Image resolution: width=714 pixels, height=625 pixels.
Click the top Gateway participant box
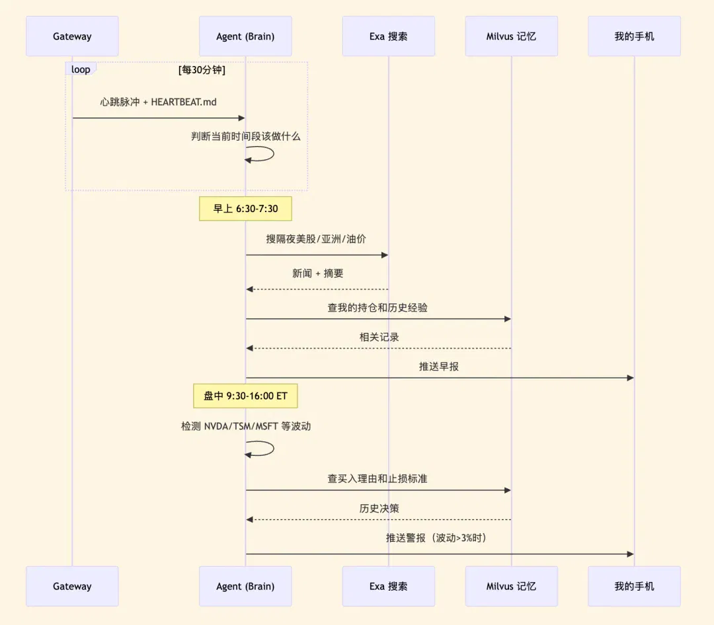click(x=72, y=36)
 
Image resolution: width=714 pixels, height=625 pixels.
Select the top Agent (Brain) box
click(x=245, y=36)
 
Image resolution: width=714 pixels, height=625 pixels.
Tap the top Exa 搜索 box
click(x=389, y=36)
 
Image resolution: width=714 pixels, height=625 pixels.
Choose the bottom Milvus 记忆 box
click(x=511, y=586)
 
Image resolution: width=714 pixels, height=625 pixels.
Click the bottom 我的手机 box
click(x=634, y=586)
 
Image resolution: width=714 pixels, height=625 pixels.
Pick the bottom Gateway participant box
click(x=72, y=586)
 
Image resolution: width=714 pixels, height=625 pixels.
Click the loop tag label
click(x=81, y=69)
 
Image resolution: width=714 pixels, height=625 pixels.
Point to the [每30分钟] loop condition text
click(x=202, y=69)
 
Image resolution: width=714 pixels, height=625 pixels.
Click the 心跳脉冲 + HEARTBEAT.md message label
click(x=159, y=102)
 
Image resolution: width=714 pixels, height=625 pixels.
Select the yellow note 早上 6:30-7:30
click(x=245, y=209)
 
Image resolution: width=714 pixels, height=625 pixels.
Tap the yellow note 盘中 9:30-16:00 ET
click(x=245, y=396)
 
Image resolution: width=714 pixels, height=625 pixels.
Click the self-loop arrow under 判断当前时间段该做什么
click(x=273, y=154)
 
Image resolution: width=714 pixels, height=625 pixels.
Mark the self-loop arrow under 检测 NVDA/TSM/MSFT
click(x=273, y=449)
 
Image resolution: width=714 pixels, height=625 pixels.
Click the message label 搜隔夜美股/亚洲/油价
click(x=316, y=239)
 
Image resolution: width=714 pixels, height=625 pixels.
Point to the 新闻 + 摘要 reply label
click(x=318, y=273)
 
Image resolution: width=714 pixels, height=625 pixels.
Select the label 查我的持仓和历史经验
click(x=377, y=308)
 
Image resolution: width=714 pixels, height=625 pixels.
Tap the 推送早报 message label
click(x=439, y=367)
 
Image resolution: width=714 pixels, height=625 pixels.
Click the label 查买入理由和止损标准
click(x=377, y=479)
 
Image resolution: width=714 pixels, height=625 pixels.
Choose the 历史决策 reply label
click(x=379, y=509)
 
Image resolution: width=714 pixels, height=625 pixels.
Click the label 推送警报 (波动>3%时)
click(x=436, y=538)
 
